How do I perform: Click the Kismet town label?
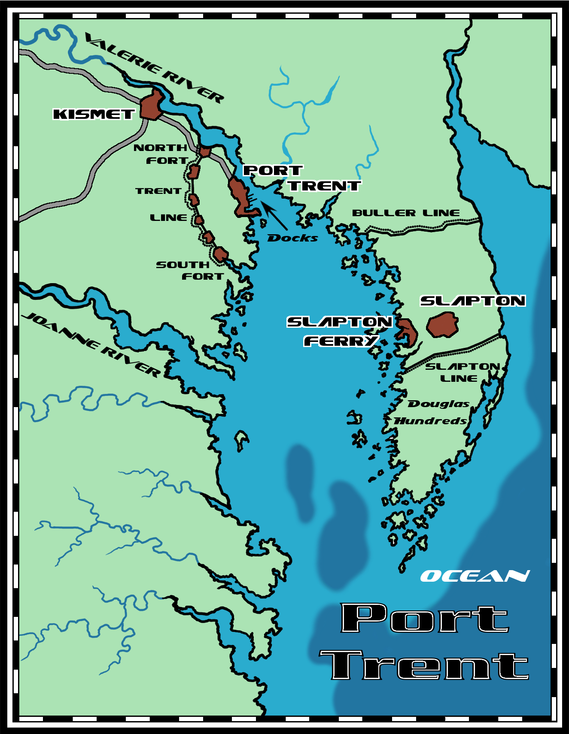94,114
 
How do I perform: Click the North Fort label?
161,154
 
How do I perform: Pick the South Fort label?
190,271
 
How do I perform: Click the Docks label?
292,238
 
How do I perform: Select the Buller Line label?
405,213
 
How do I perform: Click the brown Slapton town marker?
442,325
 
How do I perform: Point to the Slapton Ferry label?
339,331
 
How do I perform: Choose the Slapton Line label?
462,372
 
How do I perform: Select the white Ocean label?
475,576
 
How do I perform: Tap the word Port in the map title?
424,618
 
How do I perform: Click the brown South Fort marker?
220,254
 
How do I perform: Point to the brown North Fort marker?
205,151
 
